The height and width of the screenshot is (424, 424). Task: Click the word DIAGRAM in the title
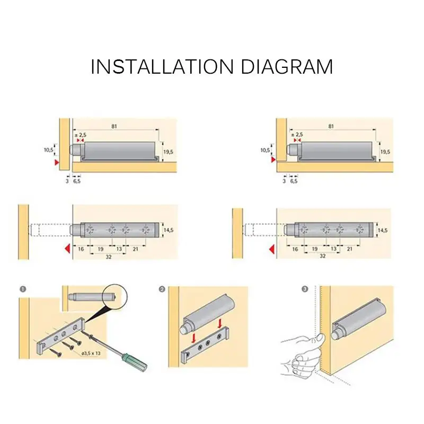(x=287, y=67)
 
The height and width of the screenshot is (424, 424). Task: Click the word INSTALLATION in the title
(x=162, y=67)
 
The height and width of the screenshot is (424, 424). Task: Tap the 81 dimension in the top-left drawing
(x=114, y=126)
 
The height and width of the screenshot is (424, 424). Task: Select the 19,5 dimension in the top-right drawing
(x=385, y=152)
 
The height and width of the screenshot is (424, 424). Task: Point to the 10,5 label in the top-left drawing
(x=49, y=149)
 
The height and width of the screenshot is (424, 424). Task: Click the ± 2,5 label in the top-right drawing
(x=297, y=135)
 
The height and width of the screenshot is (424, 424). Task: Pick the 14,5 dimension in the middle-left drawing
(x=168, y=230)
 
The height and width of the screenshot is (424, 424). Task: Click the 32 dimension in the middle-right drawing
(x=323, y=256)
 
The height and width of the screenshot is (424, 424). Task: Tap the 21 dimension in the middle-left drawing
(x=136, y=249)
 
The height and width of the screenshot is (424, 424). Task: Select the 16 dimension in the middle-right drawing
(x=295, y=249)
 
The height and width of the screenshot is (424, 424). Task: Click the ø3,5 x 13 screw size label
(x=91, y=353)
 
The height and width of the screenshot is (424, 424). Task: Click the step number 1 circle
(x=23, y=289)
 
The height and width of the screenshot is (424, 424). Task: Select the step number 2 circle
(x=162, y=289)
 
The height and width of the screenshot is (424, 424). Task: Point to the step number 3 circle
(x=305, y=289)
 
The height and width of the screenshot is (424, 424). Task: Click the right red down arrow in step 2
(x=220, y=323)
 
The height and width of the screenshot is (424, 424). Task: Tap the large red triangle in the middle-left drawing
(x=68, y=249)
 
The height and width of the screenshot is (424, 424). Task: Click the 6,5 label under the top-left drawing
(x=77, y=181)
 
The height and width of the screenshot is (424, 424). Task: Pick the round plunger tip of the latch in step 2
(x=184, y=329)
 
